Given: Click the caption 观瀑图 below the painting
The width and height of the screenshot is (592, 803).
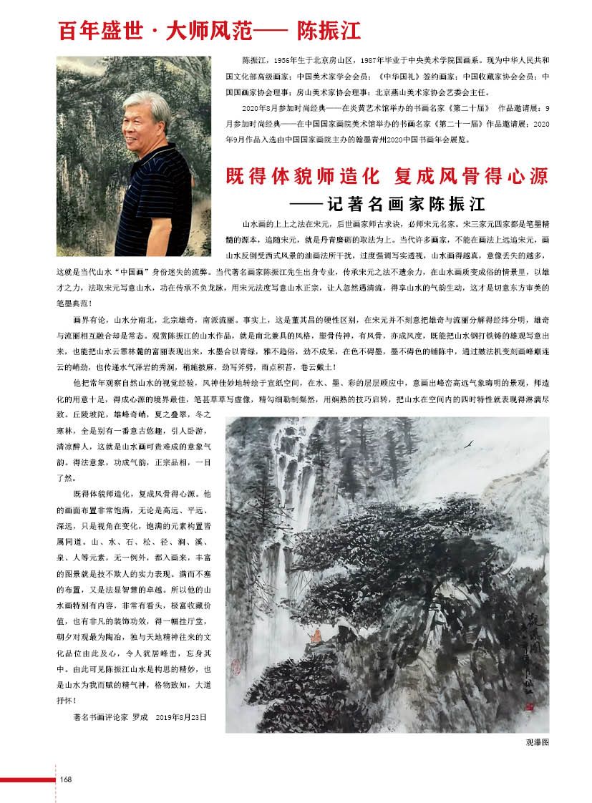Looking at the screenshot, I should pyautogui.click(x=537, y=743).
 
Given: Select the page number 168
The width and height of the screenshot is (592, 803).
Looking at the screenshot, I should pyautogui.click(x=65, y=779).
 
